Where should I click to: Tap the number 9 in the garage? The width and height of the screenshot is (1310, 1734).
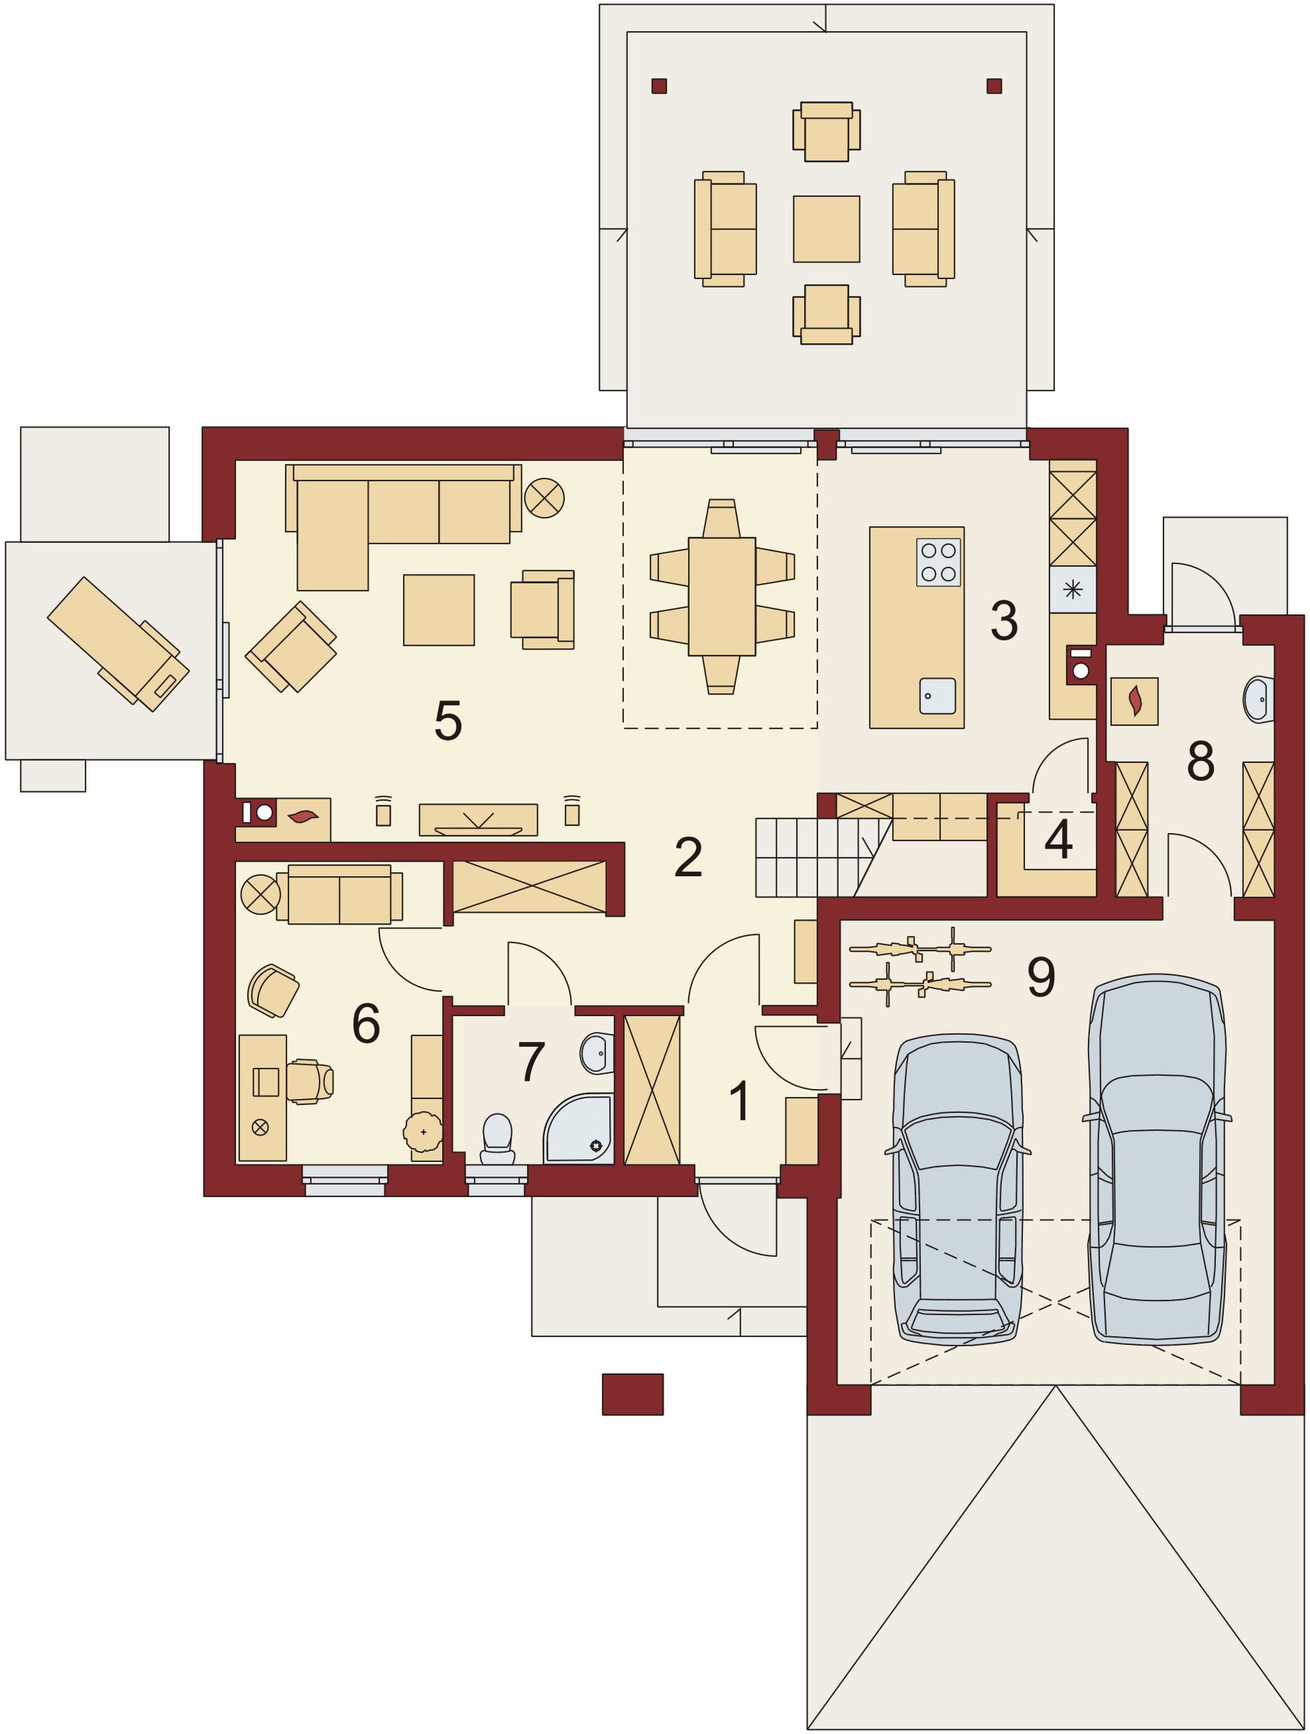pos(1041,976)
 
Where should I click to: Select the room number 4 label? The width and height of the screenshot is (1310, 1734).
pos(1058,838)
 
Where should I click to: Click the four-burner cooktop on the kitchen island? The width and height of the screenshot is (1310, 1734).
pos(938,562)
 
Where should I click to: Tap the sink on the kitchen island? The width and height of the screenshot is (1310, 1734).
pos(937,695)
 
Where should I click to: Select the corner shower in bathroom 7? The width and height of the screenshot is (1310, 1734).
pos(579,1128)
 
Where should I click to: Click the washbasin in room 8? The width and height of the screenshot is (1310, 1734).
pos(1259,699)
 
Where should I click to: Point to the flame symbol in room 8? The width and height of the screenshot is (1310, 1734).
pos(1134,701)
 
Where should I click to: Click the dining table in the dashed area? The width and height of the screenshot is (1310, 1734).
pos(721,596)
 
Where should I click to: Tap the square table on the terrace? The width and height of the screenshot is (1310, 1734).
pos(826,229)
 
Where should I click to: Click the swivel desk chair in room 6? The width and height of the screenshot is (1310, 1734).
pos(309,1082)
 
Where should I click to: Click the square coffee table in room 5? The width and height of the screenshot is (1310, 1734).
pos(439,610)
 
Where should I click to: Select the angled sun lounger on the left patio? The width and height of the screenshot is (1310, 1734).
pos(119,644)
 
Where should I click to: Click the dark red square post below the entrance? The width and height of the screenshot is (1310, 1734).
pos(632,1394)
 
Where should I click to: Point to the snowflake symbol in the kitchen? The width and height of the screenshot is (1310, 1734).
pos(1073,589)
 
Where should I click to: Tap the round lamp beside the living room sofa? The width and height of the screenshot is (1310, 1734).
pos(544,498)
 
